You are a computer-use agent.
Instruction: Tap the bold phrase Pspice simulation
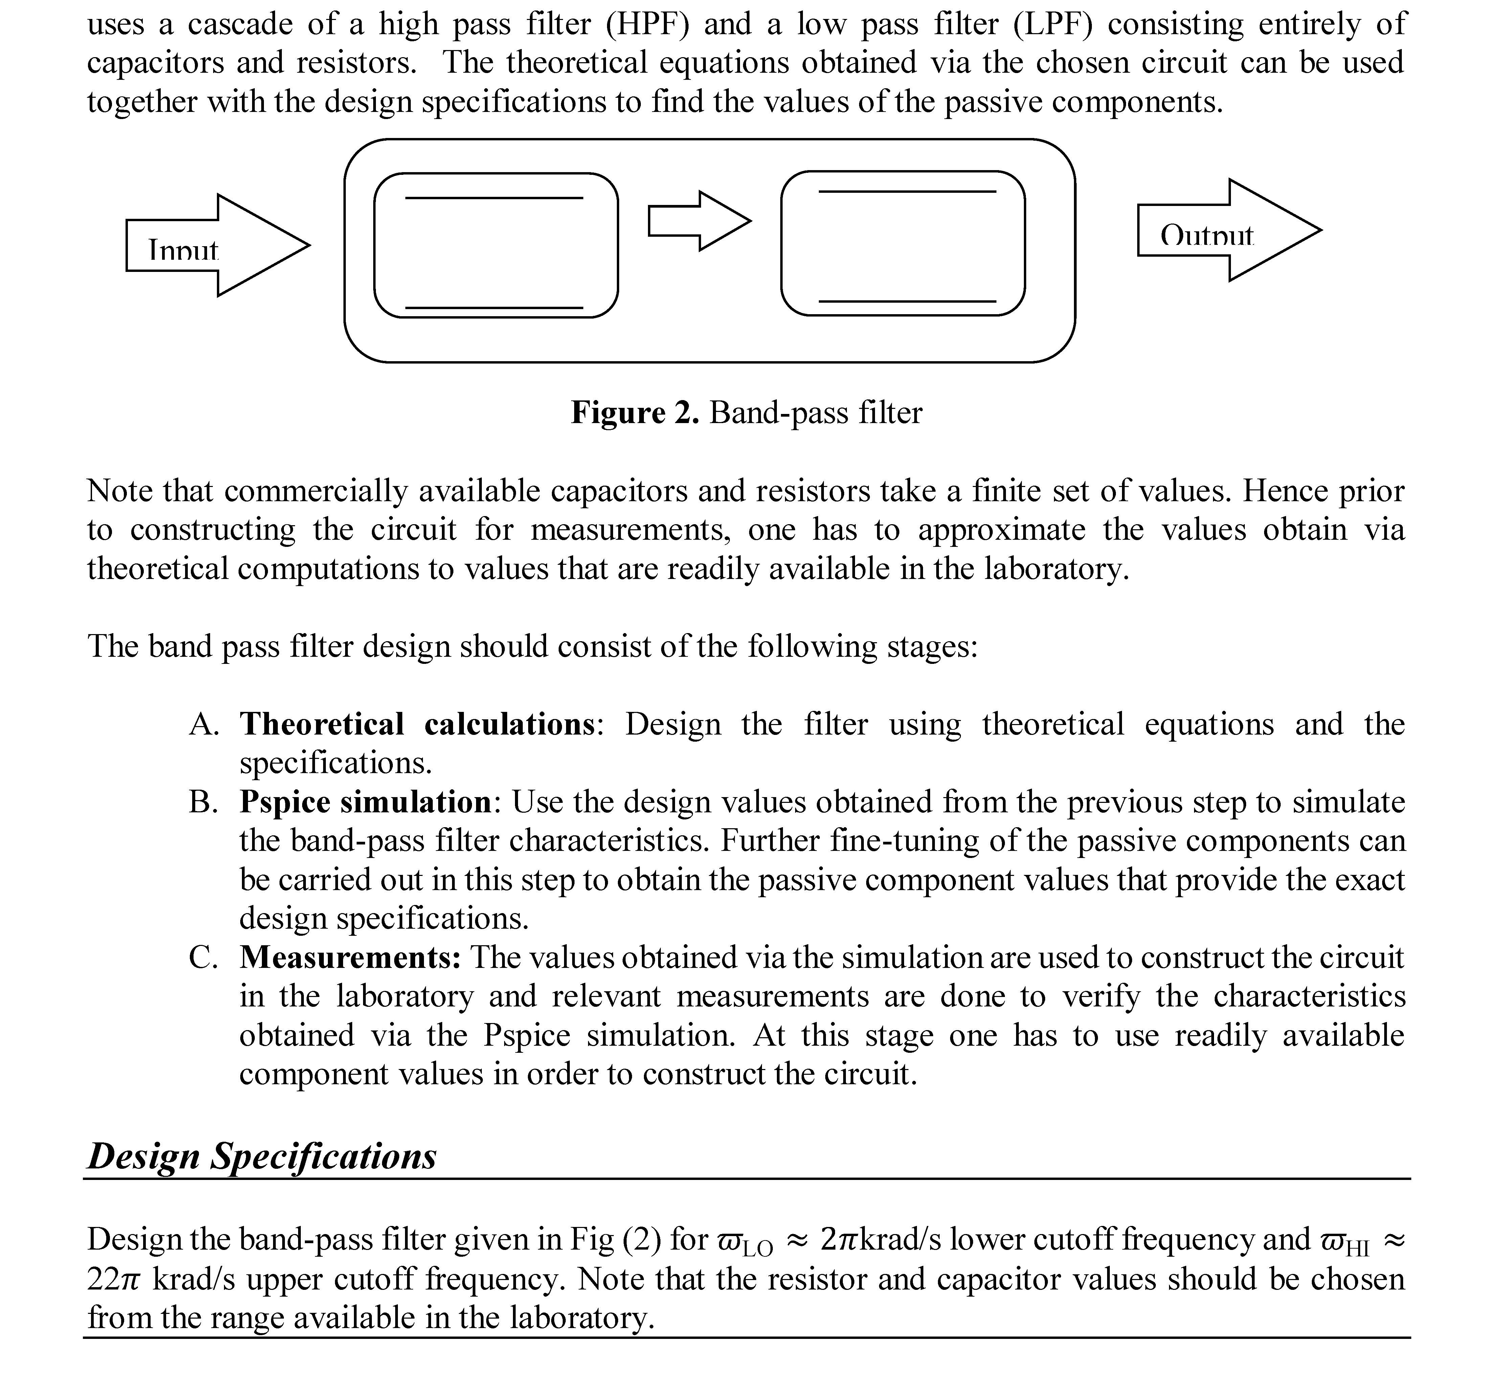click(366, 802)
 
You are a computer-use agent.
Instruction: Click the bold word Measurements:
click(350, 957)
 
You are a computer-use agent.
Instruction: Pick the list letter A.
click(204, 724)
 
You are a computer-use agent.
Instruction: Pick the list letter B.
click(204, 802)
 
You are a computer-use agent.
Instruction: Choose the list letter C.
click(204, 957)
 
